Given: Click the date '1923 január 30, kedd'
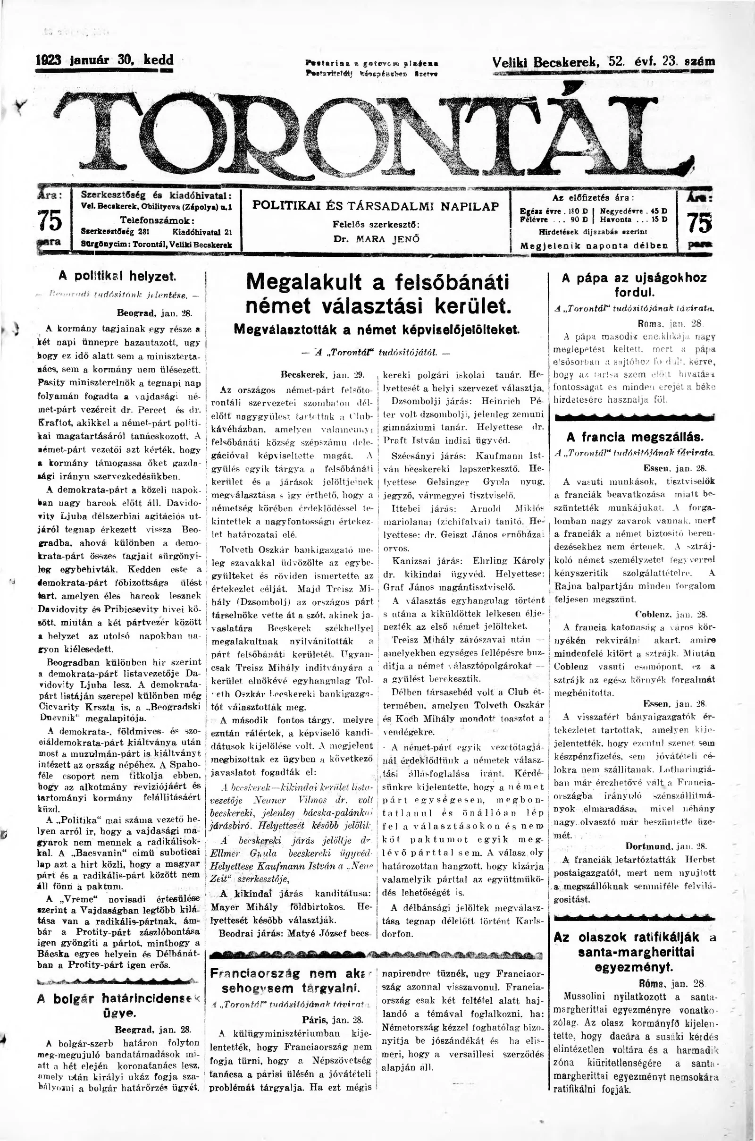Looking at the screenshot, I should tap(105, 61).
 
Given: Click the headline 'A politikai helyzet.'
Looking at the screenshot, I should tap(117, 276).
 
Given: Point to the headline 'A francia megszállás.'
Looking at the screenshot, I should tap(635, 437).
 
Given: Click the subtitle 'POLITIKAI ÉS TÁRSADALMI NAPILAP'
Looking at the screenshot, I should tap(376, 206).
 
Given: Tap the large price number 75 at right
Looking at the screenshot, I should tap(699, 223).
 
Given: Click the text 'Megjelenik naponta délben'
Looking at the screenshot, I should tap(594, 245).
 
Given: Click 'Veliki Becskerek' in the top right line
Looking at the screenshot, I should tap(545, 62).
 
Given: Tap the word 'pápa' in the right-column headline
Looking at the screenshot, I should tap(598, 278).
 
